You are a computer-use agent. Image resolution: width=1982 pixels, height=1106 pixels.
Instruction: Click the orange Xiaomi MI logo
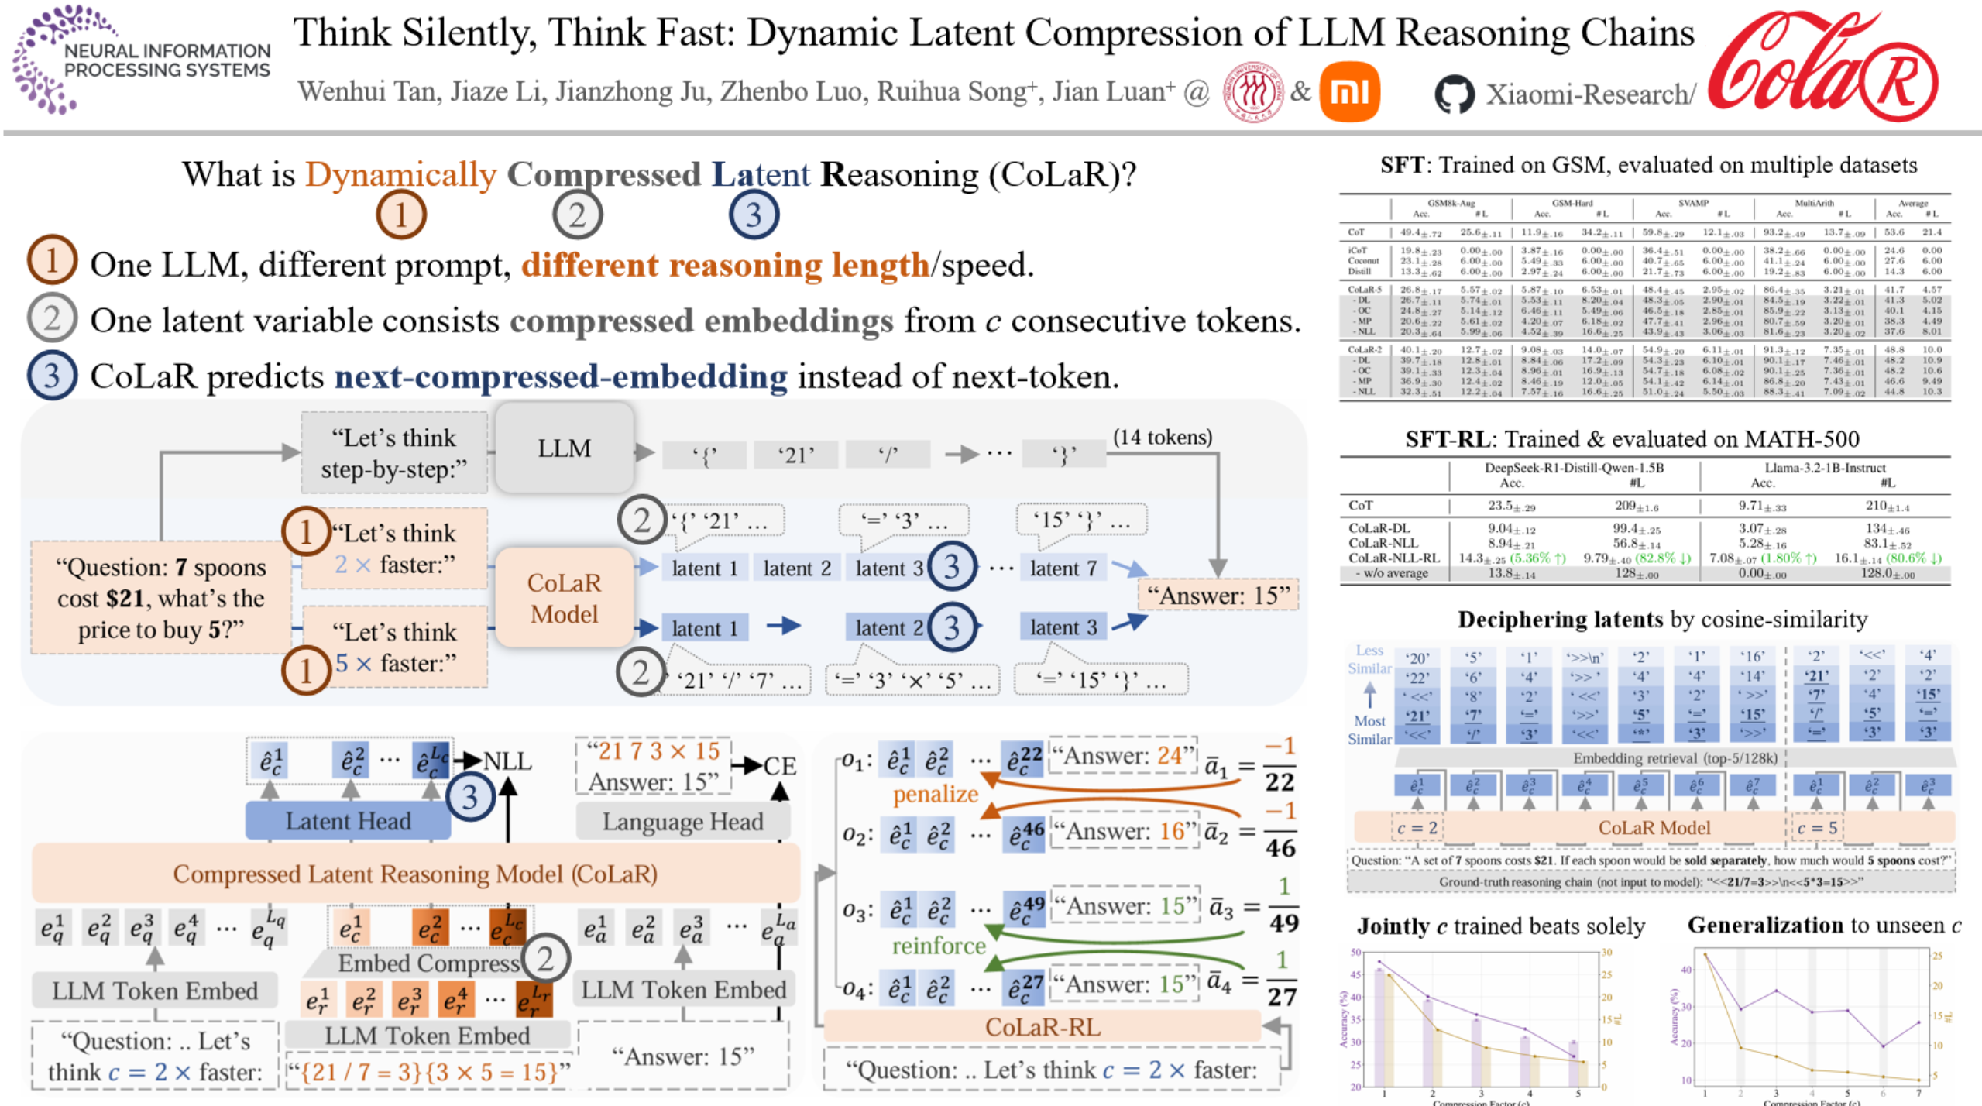(1349, 92)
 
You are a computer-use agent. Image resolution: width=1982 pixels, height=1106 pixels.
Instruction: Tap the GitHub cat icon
(1454, 94)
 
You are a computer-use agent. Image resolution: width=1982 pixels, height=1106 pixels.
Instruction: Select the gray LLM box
(564, 448)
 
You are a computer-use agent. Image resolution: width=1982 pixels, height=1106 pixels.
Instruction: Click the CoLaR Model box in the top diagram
(564, 598)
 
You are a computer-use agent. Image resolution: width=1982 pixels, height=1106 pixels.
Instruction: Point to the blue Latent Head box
(347, 821)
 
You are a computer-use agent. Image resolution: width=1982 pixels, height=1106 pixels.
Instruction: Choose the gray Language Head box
(682, 821)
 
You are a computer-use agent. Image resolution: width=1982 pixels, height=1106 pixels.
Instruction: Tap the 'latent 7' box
(1063, 568)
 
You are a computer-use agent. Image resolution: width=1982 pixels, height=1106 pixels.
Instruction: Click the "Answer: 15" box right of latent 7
(1218, 596)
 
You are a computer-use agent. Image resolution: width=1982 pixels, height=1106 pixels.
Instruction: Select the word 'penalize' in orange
(935, 794)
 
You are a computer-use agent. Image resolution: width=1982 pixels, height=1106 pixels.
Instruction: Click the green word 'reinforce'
(938, 946)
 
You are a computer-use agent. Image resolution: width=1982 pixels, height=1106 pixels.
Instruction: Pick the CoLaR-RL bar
(1042, 1027)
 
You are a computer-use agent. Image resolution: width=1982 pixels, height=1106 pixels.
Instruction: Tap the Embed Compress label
(428, 963)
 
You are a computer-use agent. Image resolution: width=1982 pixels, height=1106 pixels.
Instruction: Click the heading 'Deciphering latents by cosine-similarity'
(1662, 619)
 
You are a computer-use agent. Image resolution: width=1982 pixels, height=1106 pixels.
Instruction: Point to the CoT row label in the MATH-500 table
(1361, 506)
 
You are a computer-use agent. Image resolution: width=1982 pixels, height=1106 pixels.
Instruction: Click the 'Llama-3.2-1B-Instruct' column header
(1825, 468)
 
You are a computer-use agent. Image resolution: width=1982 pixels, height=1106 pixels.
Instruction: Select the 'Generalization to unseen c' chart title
(1823, 926)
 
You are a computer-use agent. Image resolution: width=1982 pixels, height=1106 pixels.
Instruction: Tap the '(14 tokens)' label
(1162, 437)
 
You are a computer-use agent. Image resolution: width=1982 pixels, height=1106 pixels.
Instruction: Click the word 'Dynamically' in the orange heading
(400, 175)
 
